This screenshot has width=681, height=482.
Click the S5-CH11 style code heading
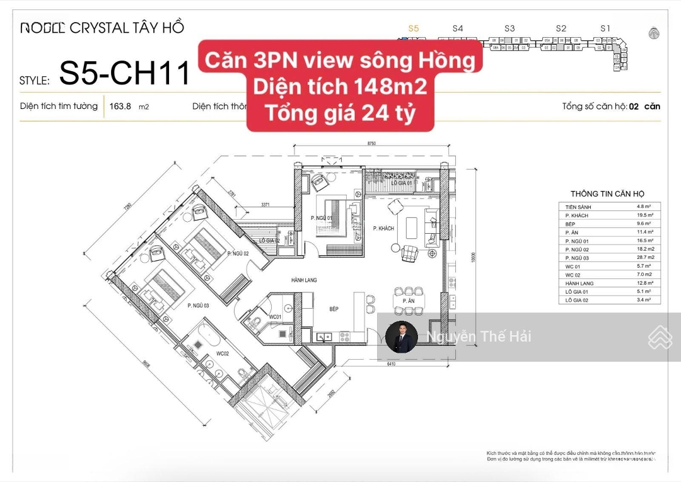point(125,74)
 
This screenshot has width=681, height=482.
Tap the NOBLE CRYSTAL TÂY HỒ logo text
point(102,28)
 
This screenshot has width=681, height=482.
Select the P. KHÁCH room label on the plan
point(383,228)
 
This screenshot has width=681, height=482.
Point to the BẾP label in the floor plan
point(334,309)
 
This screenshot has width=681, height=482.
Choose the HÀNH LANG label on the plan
point(303,279)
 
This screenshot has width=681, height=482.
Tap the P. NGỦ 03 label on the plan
point(198,305)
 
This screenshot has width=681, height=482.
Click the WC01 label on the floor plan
point(275,316)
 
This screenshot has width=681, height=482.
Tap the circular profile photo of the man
point(402,337)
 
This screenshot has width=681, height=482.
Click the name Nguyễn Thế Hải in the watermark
point(479,336)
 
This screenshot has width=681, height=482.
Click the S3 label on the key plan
point(509,28)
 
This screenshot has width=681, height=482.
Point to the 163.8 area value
point(120,106)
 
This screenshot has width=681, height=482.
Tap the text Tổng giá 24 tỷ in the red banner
point(340,113)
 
